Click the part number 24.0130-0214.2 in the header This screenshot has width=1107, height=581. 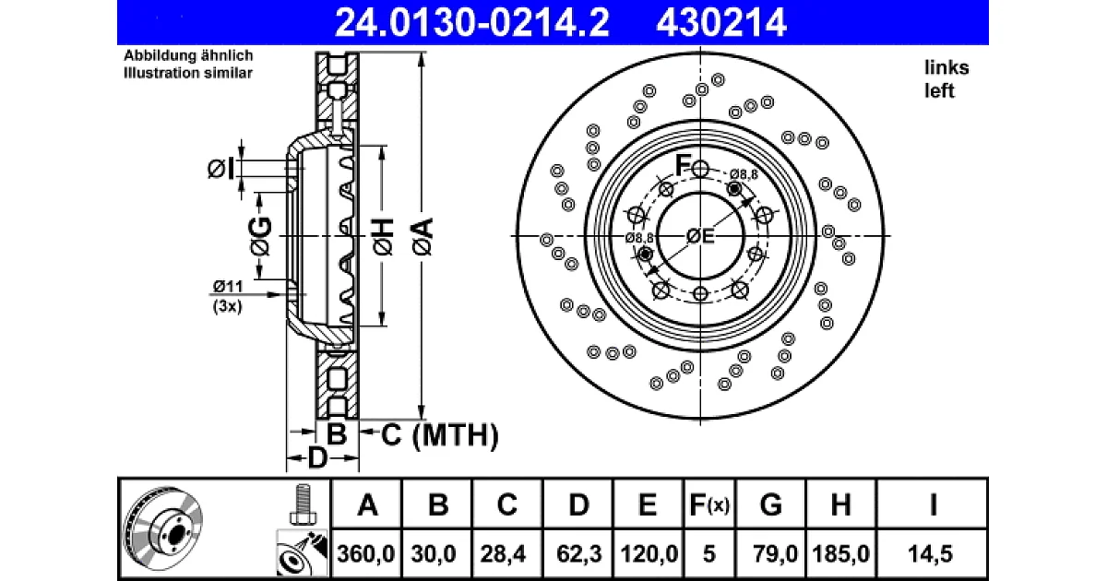472,22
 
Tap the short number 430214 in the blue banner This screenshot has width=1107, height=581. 721,22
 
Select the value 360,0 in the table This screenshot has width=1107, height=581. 366,553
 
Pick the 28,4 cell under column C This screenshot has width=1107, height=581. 503,553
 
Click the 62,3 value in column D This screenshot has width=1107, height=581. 578,553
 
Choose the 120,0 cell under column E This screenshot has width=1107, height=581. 649,553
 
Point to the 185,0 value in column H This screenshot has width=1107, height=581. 840,553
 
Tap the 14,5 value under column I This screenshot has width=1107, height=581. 930,553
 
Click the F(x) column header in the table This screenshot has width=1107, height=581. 709,505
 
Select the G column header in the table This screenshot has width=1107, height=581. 770,505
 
